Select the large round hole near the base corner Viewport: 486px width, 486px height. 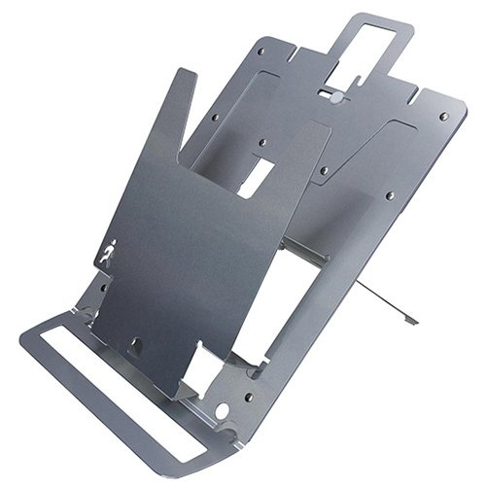pos(223,412)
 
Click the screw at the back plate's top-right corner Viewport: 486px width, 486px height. pos(444,117)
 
